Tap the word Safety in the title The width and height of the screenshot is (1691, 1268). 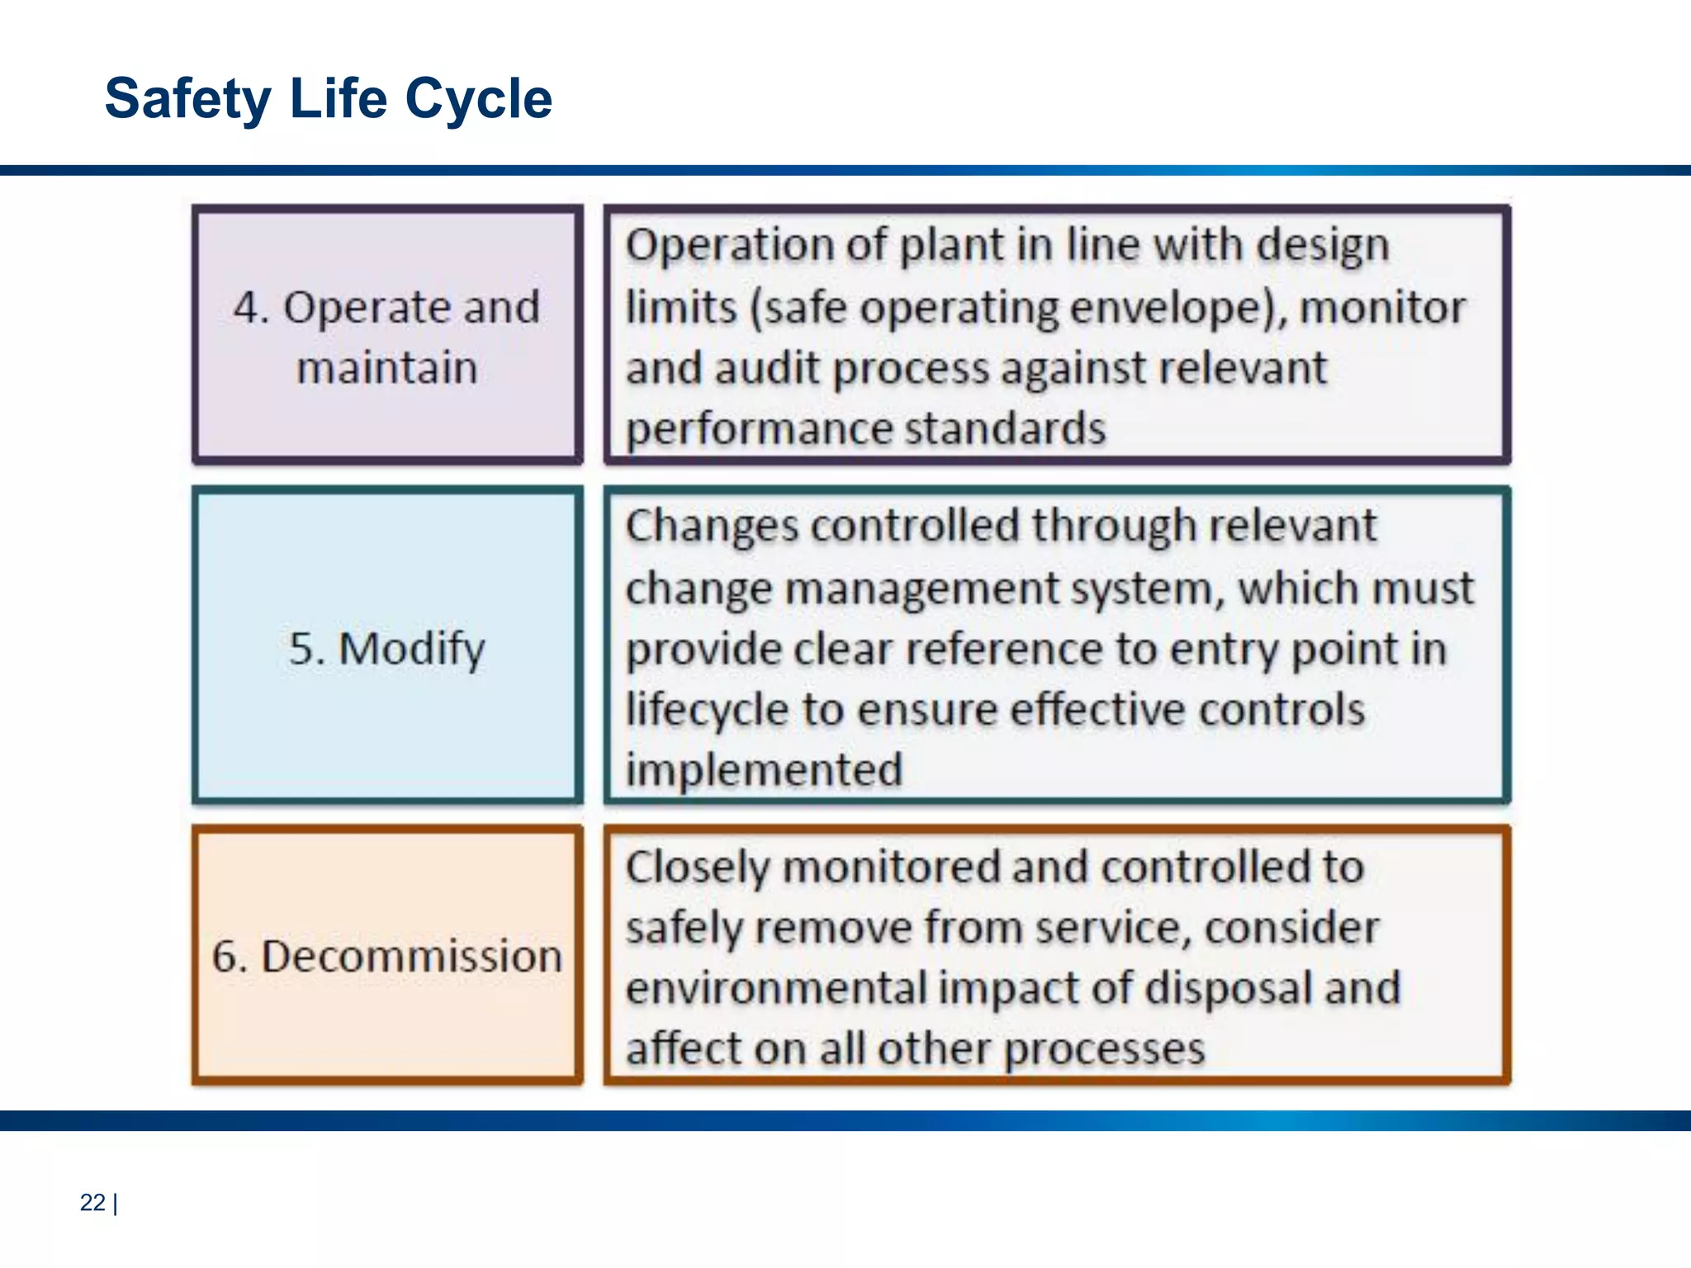187,99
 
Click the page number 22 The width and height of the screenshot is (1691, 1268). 92,1202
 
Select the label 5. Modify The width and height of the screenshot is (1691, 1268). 387,648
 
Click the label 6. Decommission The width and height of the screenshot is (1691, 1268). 387,956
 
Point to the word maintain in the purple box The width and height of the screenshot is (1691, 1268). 387,367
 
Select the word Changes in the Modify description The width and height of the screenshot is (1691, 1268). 712,527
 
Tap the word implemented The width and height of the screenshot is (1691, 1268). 764,770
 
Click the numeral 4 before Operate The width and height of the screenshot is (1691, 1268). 245,308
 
